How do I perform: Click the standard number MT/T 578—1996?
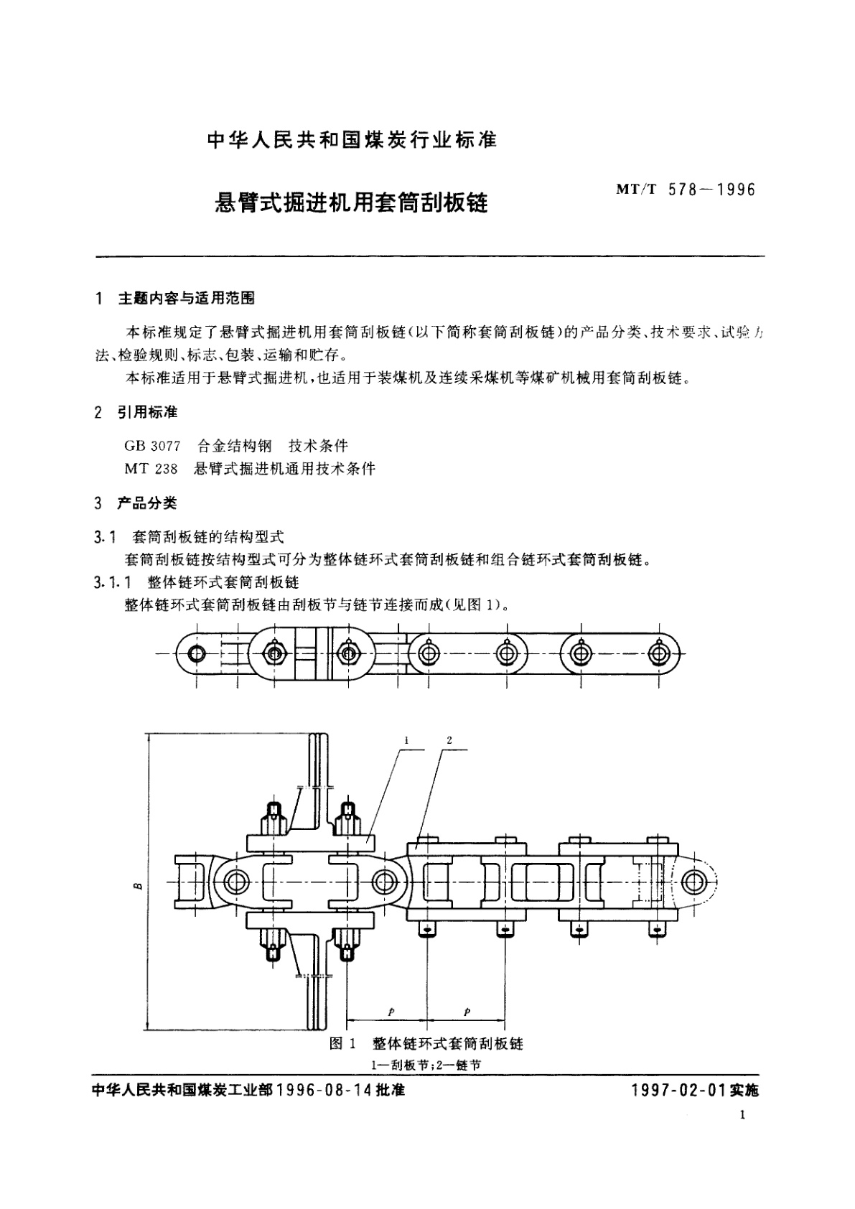tap(686, 190)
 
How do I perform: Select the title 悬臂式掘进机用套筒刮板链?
tap(352, 203)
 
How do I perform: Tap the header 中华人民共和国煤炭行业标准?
tap(352, 140)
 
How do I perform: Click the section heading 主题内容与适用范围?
tap(186, 299)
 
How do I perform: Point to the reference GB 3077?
tap(152, 446)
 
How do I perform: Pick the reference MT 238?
tap(151, 469)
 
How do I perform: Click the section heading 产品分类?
tap(146, 503)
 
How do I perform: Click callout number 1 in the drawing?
tap(406, 740)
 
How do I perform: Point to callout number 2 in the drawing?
tap(449, 740)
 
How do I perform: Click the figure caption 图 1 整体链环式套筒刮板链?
tap(426, 1043)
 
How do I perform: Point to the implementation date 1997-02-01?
tap(678, 1090)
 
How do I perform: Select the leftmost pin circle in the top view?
tap(196, 653)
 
